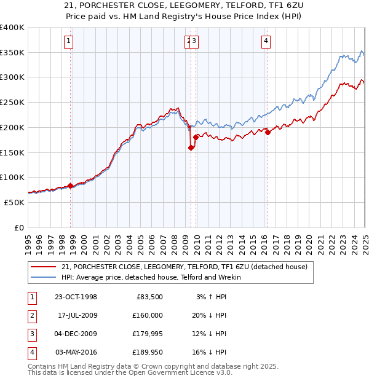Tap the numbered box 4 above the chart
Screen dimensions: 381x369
point(266,41)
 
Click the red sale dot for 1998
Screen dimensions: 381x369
point(71,185)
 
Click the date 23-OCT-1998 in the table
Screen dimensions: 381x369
point(76,297)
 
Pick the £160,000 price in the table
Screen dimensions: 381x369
point(146,316)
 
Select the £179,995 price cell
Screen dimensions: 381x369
point(146,334)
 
